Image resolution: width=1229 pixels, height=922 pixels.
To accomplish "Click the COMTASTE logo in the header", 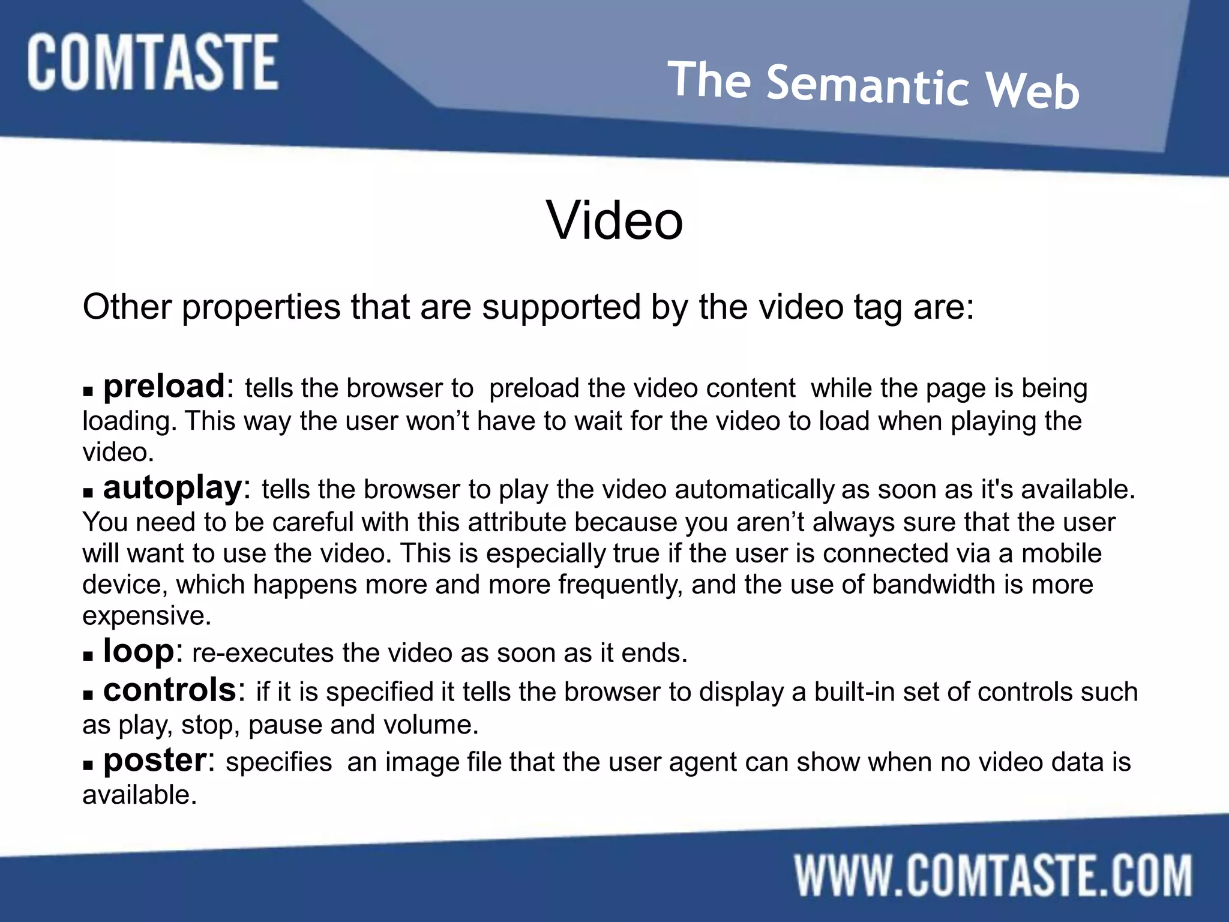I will [x=152, y=62].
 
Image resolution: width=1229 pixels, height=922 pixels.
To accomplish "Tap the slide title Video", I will [x=614, y=220].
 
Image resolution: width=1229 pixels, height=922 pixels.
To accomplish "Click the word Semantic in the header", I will [x=868, y=86].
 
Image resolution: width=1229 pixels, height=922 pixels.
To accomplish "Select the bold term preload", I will [x=164, y=386].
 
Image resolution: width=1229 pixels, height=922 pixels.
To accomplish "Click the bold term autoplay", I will [x=172, y=487].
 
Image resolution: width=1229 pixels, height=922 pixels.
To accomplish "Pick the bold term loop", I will [x=139, y=651].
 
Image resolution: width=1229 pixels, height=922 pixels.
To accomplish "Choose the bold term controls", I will [x=170, y=690].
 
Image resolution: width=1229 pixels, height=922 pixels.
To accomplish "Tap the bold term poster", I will [x=155, y=761].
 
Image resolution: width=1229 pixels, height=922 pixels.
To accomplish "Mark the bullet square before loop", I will [x=88, y=657].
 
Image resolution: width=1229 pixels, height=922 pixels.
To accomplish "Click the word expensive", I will [x=146, y=616].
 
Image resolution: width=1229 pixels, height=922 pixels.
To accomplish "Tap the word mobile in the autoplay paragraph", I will [x=1062, y=553].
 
